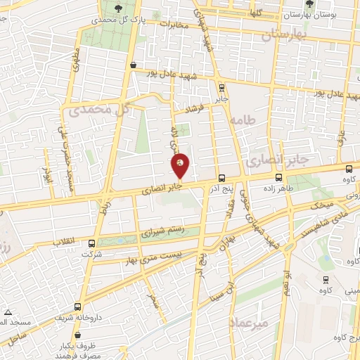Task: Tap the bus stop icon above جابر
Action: click(x=222, y=88)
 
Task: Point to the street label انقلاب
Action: click(x=67, y=241)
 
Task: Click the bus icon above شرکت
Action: click(x=91, y=244)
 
